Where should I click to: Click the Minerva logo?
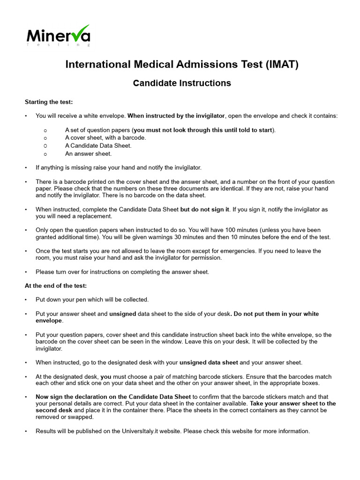[x=58, y=36]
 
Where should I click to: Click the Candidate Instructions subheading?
[x=182, y=83]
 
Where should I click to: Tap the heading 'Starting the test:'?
[x=48, y=102]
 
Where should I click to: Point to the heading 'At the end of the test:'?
[x=55, y=285]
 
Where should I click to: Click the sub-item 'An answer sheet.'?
[x=88, y=153]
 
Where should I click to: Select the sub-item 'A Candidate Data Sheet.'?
[x=98, y=145]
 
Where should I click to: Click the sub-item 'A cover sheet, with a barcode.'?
[x=105, y=137]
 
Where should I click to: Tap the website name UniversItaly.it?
[x=159, y=431]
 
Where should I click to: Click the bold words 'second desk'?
[x=53, y=410]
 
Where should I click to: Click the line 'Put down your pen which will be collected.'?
[x=92, y=300]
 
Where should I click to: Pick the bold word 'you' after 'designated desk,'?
[x=106, y=376]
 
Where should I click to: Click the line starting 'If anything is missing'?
[x=118, y=167]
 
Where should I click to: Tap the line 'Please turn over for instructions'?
[x=122, y=272]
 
